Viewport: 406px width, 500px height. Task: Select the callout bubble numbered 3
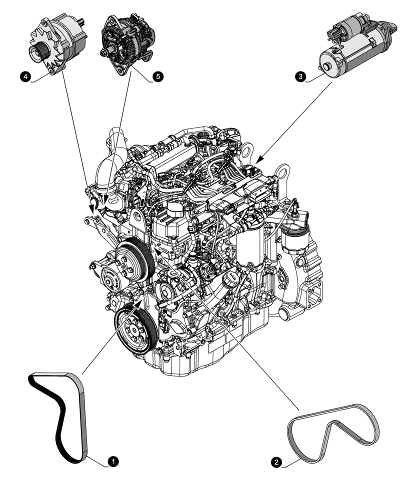click(300, 76)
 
